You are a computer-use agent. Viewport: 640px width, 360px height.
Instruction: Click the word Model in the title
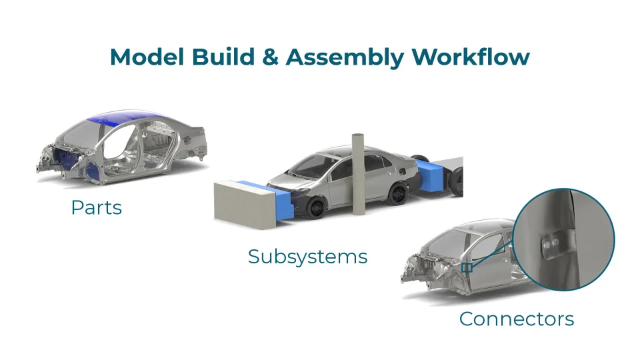point(147,57)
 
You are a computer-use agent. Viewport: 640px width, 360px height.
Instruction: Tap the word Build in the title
point(223,57)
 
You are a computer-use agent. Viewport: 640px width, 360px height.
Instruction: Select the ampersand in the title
point(270,57)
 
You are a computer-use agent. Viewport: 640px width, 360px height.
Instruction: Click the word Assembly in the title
point(345,58)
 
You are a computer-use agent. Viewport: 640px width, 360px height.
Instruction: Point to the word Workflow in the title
point(471,57)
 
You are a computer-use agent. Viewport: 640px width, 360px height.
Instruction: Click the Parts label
point(96,207)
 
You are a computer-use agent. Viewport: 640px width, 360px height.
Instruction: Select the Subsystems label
point(308,257)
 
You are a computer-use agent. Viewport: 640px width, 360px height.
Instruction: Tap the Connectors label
point(516,319)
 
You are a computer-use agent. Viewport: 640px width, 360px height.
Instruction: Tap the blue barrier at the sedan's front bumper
point(273,197)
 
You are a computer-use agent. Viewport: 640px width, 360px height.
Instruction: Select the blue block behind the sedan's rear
point(432,176)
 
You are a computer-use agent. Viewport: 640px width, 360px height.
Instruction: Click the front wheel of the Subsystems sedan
point(316,207)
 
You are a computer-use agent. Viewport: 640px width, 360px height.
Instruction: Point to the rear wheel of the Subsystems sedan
point(397,193)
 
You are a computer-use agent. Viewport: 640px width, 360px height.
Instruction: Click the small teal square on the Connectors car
point(467,268)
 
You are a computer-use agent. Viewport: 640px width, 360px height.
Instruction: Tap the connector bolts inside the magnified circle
point(550,244)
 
